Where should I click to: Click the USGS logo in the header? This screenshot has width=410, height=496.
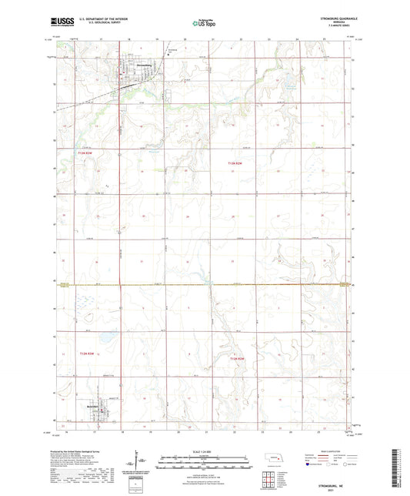coord(56,23)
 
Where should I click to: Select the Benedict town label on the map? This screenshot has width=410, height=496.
coord(95,405)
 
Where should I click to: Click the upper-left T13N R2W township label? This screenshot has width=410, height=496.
coord(85,153)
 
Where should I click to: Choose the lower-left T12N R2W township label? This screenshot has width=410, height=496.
coord(86,354)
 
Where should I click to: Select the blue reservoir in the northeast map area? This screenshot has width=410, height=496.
coord(290,82)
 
